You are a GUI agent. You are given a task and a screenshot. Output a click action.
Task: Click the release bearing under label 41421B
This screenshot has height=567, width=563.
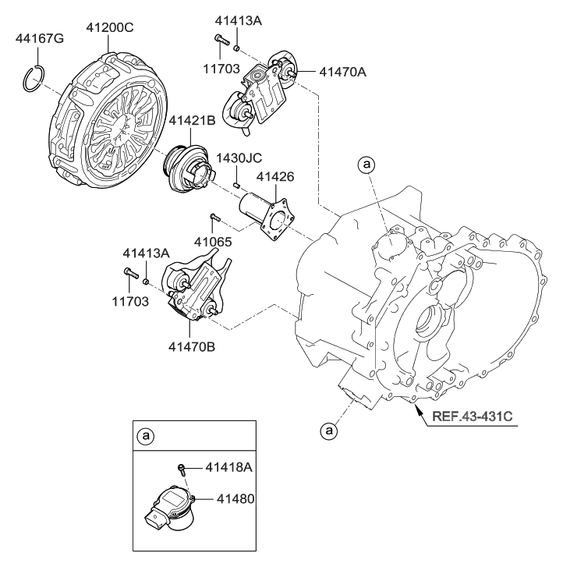188,163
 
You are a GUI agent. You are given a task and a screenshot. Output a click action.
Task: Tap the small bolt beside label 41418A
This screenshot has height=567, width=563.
182,469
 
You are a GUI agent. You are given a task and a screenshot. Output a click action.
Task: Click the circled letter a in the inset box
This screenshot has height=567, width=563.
144,437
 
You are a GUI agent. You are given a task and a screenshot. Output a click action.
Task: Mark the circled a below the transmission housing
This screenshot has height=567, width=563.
329,429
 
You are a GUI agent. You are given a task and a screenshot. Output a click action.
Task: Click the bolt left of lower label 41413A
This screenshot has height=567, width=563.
130,274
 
